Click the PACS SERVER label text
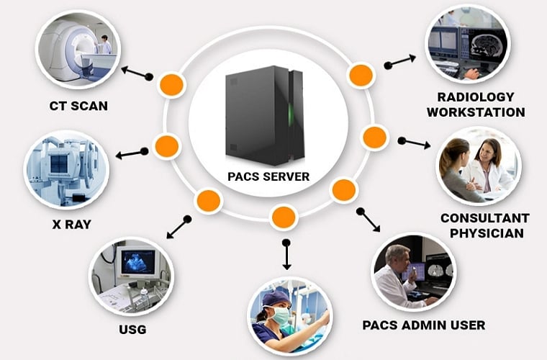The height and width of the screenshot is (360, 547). click(x=268, y=176)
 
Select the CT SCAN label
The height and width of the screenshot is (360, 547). click(x=78, y=106)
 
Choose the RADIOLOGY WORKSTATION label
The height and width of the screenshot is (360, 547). click(x=476, y=104)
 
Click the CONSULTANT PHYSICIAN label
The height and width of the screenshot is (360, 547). click(x=484, y=225)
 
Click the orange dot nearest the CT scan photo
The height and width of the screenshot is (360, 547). click(x=171, y=84)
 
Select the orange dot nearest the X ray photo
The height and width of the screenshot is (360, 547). click(x=166, y=145)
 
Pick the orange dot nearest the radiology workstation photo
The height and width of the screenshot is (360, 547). click(x=360, y=74)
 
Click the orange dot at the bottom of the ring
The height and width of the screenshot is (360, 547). click(x=284, y=216)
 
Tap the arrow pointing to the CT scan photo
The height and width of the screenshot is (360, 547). click(x=136, y=73)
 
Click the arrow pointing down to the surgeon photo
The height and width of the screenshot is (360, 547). click(x=286, y=255)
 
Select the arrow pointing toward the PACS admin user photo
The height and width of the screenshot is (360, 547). click(x=369, y=220)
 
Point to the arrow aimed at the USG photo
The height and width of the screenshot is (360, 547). click(x=178, y=228)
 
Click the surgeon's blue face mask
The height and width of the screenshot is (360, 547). click(x=282, y=316)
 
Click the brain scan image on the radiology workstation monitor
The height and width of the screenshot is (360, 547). click(x=484, y=45)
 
